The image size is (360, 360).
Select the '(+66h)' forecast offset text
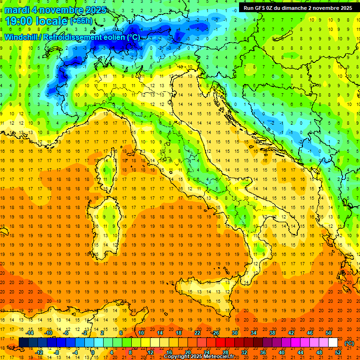pyautogui.click(x=81, y=21)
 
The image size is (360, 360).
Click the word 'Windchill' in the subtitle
pyautogui.click(x=21, y=37)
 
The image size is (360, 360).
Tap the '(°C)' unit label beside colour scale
pyautogui.click(x=349, y=343)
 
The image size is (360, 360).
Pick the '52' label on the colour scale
pyautogui.click(x=338, y=352)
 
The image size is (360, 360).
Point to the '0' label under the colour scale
pyautogui.click(x=93, y=352)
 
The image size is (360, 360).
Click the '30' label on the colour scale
pyautogui.click(x=235, y=332)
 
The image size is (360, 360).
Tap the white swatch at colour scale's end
pyautogui.click(x=333, y=342)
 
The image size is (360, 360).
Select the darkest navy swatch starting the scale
pyautogui.click(x=23, y=342)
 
